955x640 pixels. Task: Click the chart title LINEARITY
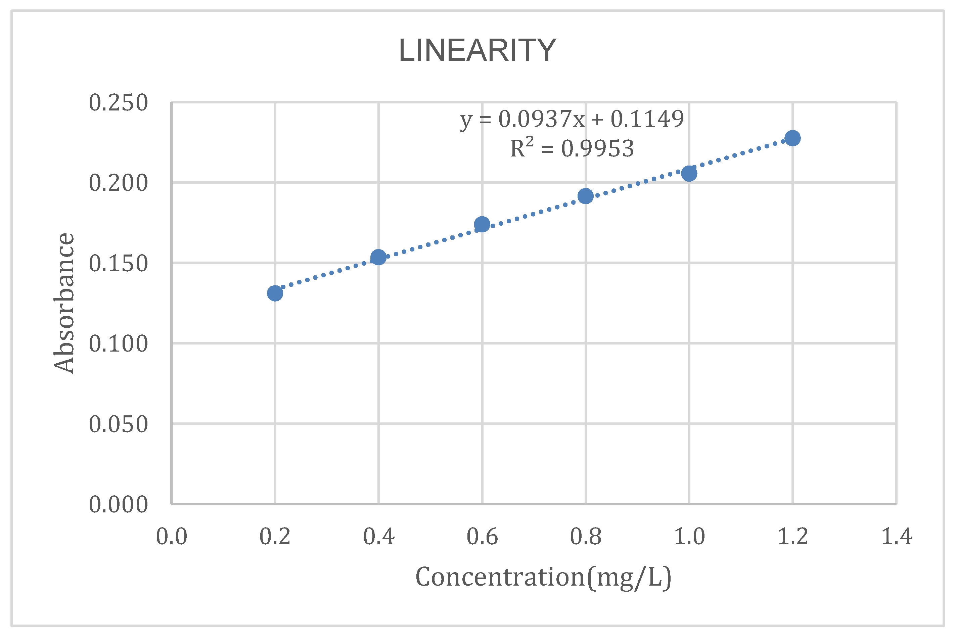coord(477,50)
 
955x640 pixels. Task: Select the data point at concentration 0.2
coord(275,293)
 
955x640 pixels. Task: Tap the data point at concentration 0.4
coord(378,257)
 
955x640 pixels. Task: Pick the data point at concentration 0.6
coord(482,224)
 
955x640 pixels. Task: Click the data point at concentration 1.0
coord(689,174)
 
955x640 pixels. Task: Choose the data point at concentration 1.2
coord(792,138)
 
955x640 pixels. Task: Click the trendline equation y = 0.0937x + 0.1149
coord(572,119)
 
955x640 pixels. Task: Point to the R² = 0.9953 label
coord(572,148)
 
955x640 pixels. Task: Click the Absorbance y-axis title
coord(64,303)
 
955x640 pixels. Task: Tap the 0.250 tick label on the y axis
coord(118,102)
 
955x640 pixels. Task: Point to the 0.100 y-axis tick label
coord(118,344)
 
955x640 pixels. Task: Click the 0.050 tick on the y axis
coord(118,424)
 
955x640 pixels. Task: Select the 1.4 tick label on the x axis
coord(896,536)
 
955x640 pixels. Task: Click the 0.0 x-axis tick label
coord(172,536)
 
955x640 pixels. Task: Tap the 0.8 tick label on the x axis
coord(586,536)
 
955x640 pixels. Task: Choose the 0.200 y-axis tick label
coord(118,183)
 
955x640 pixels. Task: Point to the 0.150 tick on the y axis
coord(118,263)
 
